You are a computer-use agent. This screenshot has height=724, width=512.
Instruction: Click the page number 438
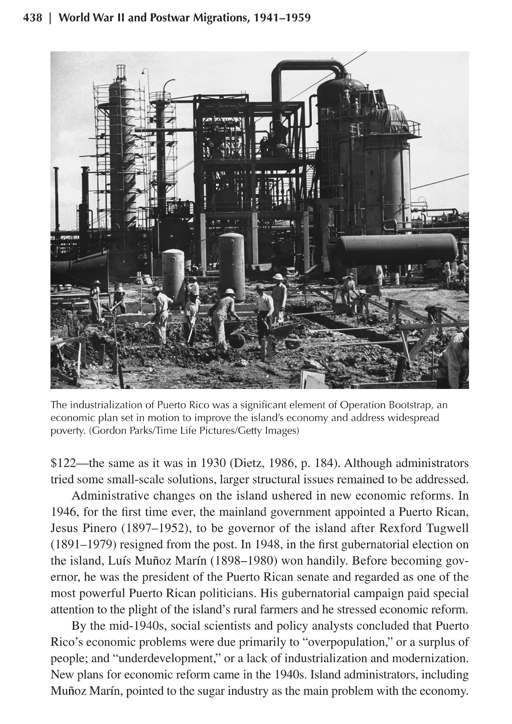click(32, 18)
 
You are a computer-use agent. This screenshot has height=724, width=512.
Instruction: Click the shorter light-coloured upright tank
click(173, 274)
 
